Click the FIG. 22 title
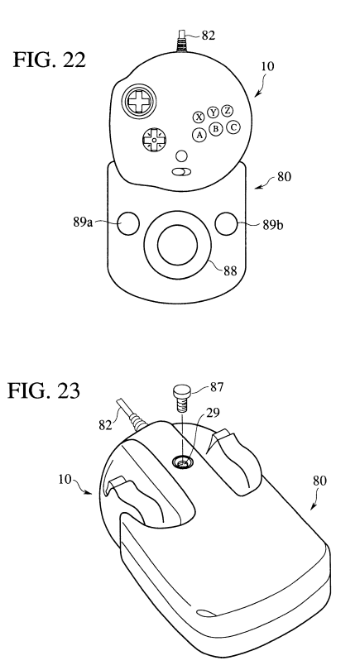[50, 60]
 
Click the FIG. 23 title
[44, 390]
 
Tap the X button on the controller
[199, 117]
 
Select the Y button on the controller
[213, 112]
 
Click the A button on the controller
[199, 135]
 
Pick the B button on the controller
[216, 128]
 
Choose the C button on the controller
[233, 127]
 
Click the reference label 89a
[83, 223]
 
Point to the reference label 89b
[273, 225]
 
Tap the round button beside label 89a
[128, 223]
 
